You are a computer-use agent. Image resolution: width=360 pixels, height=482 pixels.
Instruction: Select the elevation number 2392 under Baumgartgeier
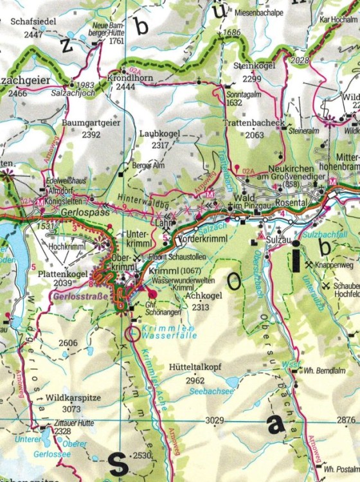[x=91, y=135]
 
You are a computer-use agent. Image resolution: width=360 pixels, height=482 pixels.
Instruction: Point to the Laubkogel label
[x=159, y=134]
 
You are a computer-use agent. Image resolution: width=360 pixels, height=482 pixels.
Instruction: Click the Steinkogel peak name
[x=254, y=66]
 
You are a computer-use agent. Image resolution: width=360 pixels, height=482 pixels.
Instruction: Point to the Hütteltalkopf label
[x=195, y=367]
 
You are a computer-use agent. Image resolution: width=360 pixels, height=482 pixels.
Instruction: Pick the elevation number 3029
[x=214, y=420]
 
